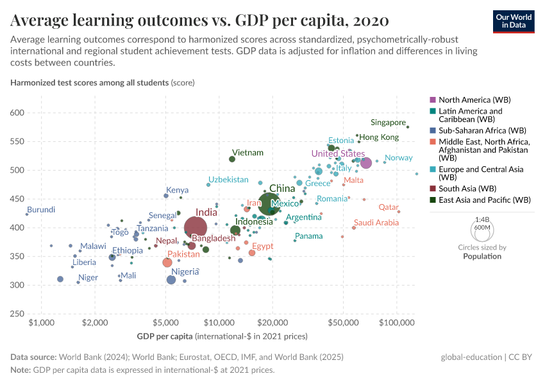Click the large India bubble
(196, 228)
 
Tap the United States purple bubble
(366, 163)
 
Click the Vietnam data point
(232, 159)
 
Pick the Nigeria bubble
(171, 280)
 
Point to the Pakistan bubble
(167, 262)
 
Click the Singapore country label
(388, 123)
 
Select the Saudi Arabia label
(376, 223)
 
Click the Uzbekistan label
(228, 179)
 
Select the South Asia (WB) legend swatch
(432, 189)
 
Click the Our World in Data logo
(514, 21)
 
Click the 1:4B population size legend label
(482, 219)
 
